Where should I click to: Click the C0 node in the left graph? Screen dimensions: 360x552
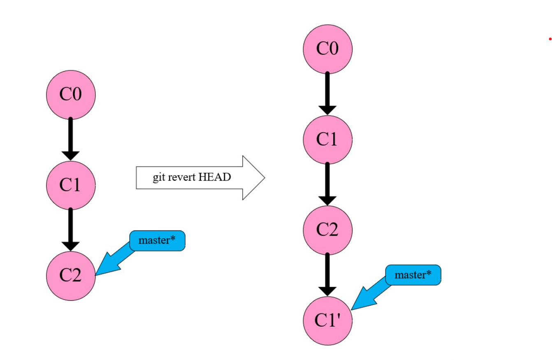[71, 95]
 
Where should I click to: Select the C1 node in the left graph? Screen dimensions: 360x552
[71, 185]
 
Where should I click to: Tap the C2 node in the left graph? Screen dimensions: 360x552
[71, 276]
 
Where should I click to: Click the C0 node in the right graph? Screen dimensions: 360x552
[327, 49]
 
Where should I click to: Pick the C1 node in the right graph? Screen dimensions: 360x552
[327, 140]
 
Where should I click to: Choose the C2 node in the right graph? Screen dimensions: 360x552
[327, 230]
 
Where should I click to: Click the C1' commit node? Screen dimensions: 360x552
[327, 321]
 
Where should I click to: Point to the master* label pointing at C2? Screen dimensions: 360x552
[157, 241]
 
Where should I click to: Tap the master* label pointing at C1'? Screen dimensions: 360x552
[413, 275]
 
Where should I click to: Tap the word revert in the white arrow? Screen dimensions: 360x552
[181, 178]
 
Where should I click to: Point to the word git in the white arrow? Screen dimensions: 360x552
[158, 178]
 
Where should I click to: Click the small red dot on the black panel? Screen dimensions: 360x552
[550, 39]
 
